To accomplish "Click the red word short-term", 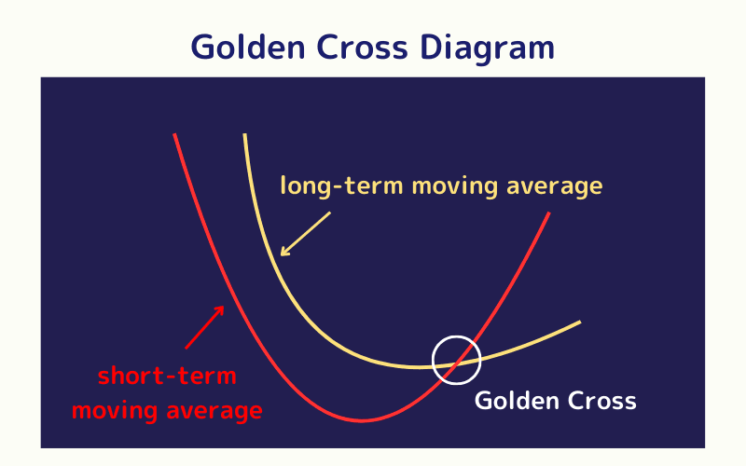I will tap(167, 377).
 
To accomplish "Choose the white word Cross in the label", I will tap(601, 401).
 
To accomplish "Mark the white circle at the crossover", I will tap(457, 359).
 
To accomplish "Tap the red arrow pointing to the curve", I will tap(205, 326).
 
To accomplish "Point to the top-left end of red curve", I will tap(174, 135).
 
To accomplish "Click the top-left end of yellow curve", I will tap(244, 135).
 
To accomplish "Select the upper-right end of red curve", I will tap(548, 213).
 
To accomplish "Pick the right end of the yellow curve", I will tap(579, 322).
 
